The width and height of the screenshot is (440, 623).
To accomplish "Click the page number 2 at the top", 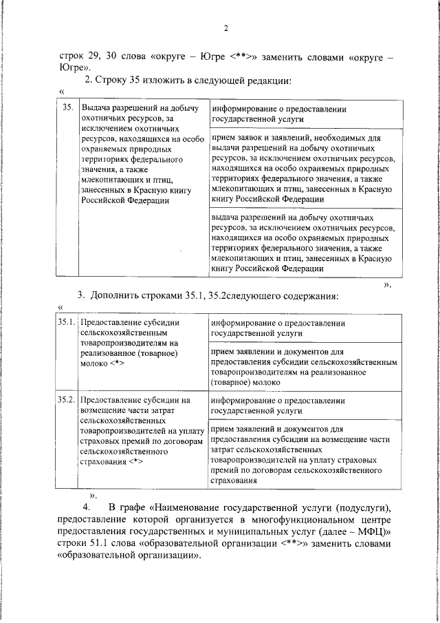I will point(225,28).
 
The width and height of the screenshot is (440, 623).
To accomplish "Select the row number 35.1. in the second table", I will point(67,322).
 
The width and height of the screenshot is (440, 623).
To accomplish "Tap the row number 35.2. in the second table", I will point(67,399).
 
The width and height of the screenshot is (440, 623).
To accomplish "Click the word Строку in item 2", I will point(113,81).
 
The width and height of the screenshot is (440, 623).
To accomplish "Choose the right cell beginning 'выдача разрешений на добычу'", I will point(302,242).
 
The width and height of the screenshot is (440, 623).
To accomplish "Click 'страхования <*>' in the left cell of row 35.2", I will point(112,461).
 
